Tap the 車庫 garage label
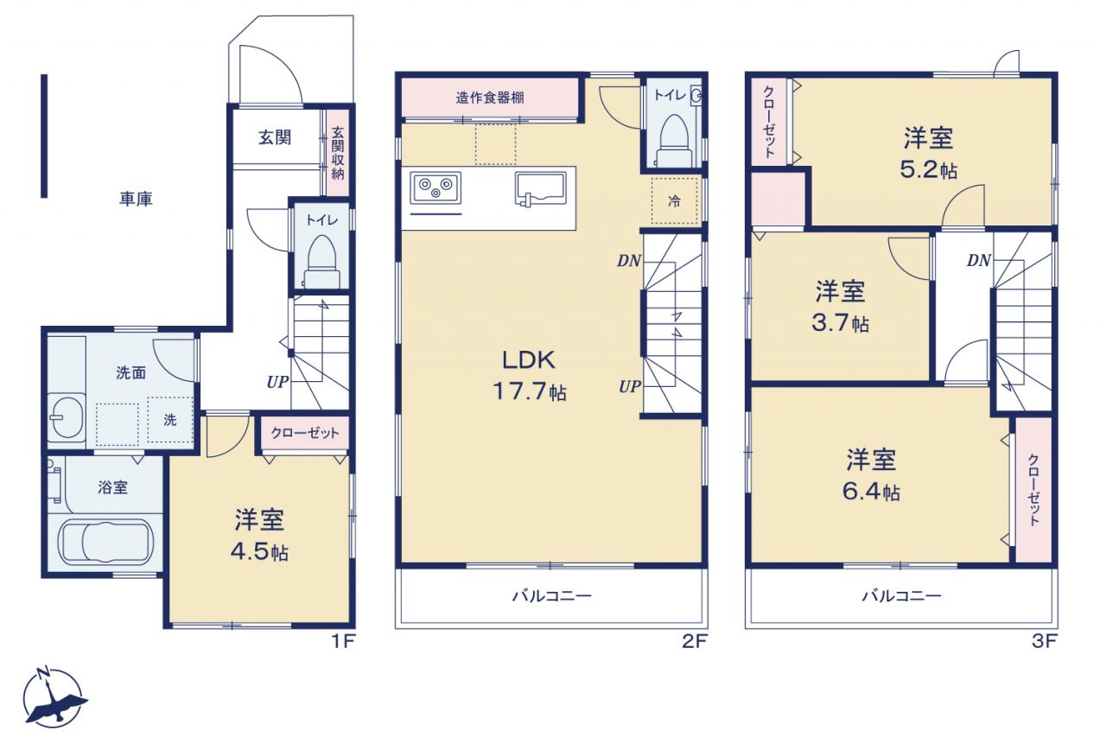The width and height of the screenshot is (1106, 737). (136, 199)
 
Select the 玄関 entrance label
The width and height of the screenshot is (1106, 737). (275, 137)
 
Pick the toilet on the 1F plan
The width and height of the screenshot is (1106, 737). (322, 262)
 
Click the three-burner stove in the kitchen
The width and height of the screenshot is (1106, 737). (435, 187)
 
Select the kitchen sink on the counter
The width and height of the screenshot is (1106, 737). (540, 188)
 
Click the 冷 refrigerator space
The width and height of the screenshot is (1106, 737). (674, 201)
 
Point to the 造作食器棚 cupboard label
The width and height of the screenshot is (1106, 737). (490, 98)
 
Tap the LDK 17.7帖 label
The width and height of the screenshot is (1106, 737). (530, 376)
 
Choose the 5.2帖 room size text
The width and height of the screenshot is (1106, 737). (928, 170)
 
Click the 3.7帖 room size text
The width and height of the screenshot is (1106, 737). (841, 323)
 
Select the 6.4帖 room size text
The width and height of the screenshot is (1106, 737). (871, 492)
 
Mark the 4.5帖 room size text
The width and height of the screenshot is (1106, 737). (260, 552)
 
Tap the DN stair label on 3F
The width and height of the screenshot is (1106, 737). (979, 260)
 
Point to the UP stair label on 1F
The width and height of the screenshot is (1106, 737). (277, 382)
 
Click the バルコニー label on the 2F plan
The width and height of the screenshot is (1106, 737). (551, 596)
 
